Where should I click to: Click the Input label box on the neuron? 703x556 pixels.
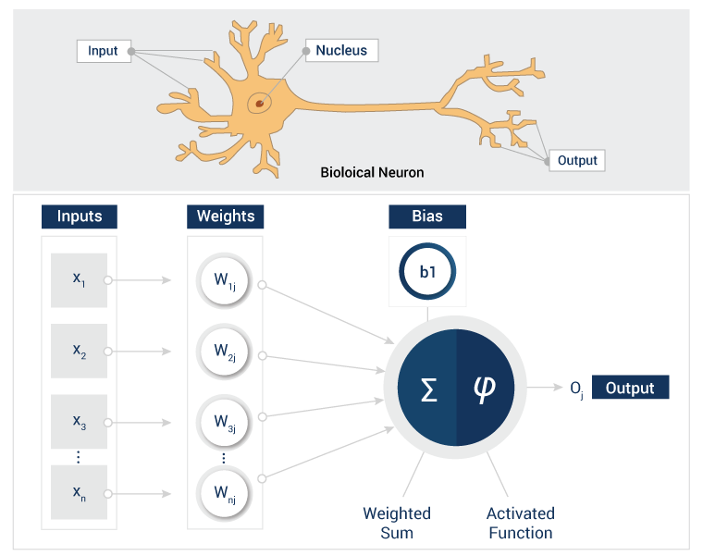(103, 51)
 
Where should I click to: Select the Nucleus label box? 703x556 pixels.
(341, 51)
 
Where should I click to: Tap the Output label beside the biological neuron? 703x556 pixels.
(577, 160)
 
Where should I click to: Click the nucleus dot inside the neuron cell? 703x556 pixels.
(260, 103)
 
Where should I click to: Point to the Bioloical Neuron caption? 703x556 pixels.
(372, 172)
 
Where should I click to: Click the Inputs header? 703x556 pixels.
(79, 216)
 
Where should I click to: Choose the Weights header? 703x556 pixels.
(226, 216)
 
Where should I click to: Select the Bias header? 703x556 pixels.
(427, 216)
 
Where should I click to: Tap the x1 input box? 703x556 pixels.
(79, 279)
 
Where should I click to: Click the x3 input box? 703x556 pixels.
(79, 422)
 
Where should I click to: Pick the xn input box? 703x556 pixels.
(79, 492)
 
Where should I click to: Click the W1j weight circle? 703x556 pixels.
(225, 278)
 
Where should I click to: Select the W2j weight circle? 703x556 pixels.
(225, 351)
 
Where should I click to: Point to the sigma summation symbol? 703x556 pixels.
(428, 389)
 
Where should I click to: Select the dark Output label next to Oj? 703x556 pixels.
(629, 389)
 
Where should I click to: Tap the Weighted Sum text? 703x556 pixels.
(396, 523)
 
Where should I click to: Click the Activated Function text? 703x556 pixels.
(520, 523)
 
